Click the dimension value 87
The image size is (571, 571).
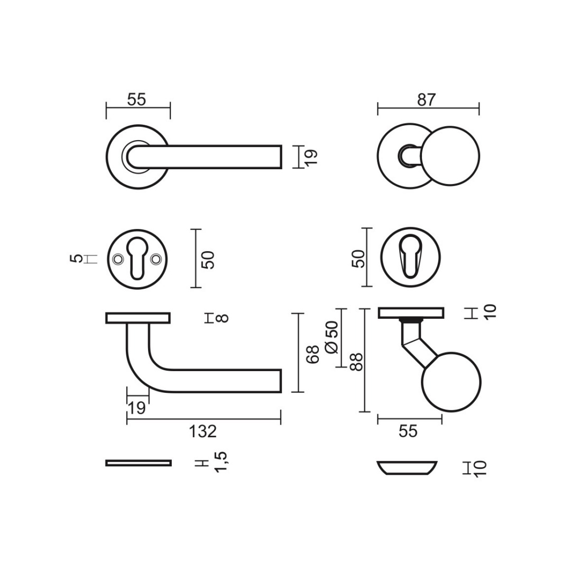426,100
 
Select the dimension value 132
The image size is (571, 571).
203,431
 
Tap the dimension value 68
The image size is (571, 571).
314,354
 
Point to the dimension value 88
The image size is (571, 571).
357,362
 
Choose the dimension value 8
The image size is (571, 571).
223,318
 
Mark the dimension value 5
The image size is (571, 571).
77,259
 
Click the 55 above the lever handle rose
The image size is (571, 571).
136,99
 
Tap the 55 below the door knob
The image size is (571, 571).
408,431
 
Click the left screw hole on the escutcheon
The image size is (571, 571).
117,259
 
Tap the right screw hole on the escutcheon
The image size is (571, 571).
155,259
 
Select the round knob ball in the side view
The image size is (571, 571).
451,382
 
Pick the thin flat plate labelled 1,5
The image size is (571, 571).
139,463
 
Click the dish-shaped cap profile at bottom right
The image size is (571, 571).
407,468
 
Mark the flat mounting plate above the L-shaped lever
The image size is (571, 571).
138,318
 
